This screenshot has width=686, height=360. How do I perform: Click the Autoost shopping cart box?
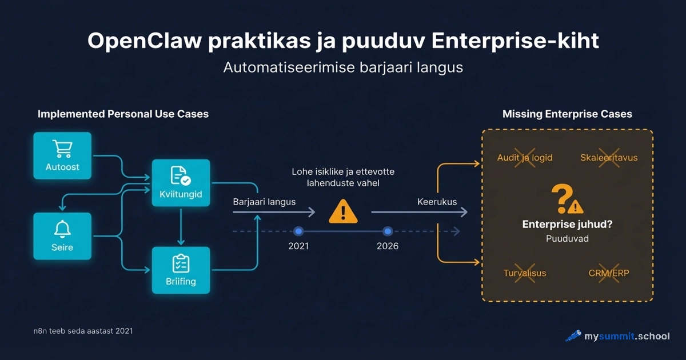(x=62, y=155)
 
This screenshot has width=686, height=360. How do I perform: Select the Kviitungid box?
(x=181, y=183)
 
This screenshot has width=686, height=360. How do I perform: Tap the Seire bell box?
(x=62, y=236)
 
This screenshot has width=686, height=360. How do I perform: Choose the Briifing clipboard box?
(x=181, y=270)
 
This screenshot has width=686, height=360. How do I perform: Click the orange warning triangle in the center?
(x=343, y=212)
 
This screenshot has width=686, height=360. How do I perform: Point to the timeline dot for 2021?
(x=298, y=231)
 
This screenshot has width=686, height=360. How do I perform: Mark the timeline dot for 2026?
(x=388, y=231)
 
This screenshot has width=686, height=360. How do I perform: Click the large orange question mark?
(x=561, y=198)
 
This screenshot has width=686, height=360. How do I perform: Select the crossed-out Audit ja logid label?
(x=525, y=158)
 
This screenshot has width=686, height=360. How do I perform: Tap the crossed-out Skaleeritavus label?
(x=609, y=158)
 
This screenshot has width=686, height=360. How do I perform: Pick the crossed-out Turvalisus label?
(x=525, y=273)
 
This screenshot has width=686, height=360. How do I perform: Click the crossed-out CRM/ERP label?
(x=609, y=273)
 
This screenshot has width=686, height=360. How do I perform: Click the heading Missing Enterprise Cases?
(x=567, y=114)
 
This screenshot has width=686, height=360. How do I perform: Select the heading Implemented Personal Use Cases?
(x=123, y=114)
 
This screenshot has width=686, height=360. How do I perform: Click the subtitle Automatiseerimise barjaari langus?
(x=343, y=67)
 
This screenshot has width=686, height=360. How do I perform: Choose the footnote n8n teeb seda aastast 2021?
(x=83, y=331)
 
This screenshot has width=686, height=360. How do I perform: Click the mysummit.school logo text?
(x=626, y=336)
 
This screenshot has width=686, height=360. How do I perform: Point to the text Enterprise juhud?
(x=567, y=225)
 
